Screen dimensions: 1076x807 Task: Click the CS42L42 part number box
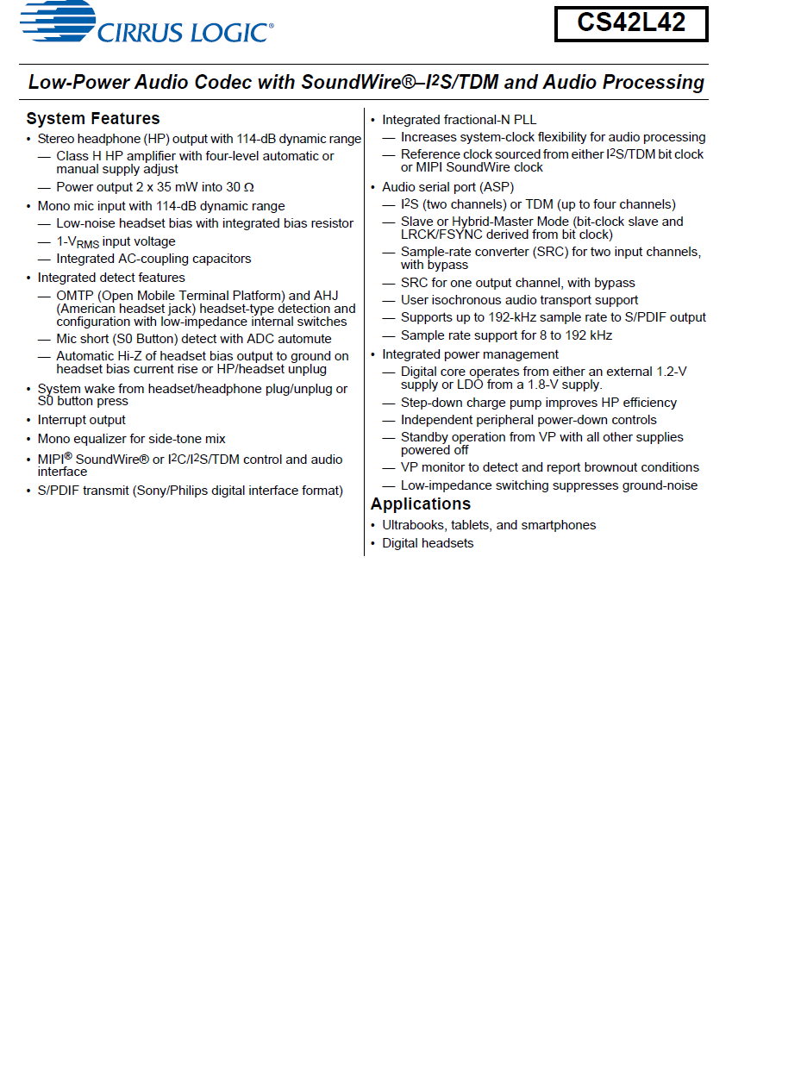(631, 24)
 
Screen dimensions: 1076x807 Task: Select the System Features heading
(93, 119)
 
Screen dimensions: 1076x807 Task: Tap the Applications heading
(421, 504)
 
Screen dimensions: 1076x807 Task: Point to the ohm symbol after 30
(249, 188)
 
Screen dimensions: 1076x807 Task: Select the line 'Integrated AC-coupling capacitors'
(153, 259)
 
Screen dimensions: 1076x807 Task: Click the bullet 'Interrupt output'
(82, 420)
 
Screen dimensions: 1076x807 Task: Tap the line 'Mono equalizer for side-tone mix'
(132, 439)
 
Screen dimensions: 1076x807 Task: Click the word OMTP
(75, 296)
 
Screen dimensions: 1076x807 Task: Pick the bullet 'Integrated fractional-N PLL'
(460, 120)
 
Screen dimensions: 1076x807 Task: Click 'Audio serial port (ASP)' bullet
(448, 187)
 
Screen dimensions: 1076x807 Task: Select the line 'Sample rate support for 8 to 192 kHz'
(506, 335)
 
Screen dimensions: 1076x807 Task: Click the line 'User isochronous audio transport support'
(519, 300)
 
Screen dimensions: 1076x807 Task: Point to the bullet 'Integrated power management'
(471, 354)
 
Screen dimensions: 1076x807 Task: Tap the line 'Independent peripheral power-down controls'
(529, 420)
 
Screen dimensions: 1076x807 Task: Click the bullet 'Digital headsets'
(428, 543)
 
